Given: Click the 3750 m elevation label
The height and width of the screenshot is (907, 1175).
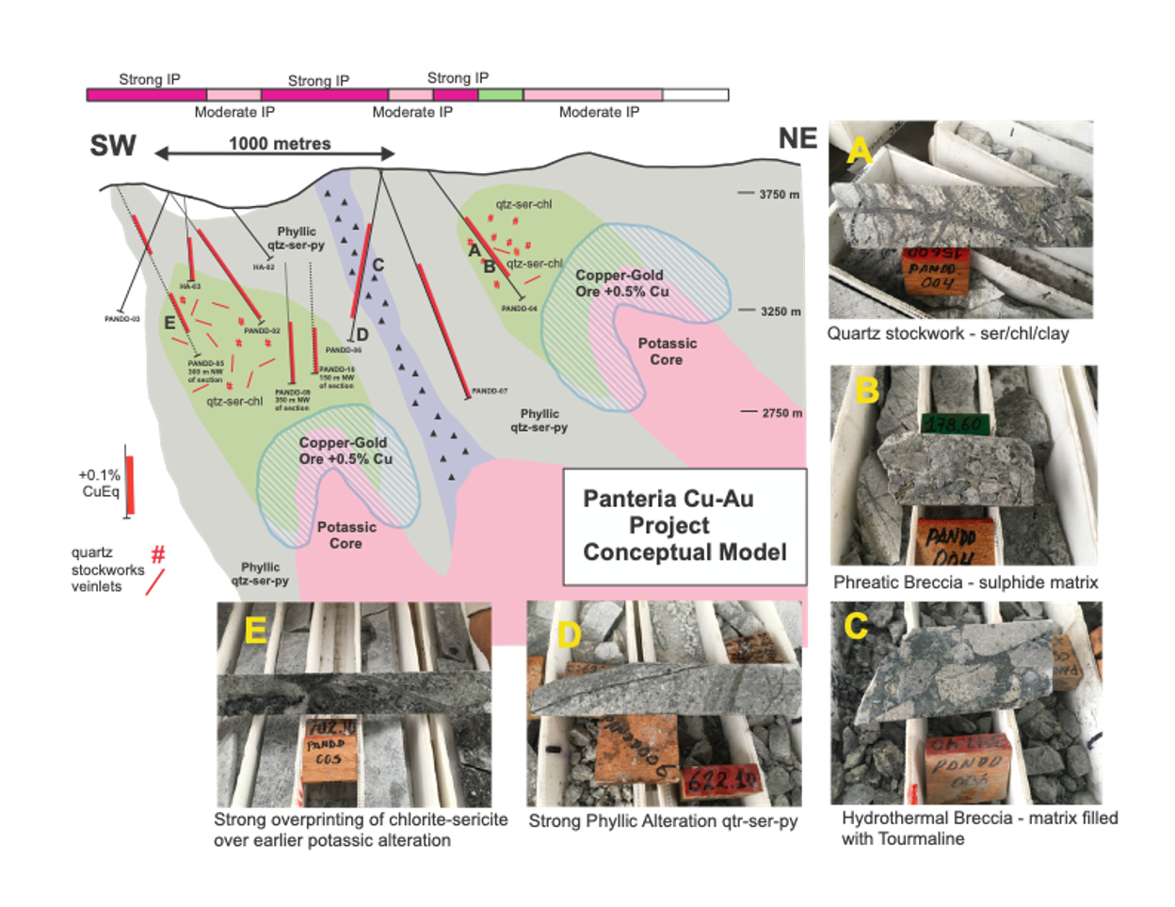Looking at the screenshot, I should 780,195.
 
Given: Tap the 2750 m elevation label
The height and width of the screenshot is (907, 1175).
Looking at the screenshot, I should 781,413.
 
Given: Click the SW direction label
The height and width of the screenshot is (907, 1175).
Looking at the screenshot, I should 113,146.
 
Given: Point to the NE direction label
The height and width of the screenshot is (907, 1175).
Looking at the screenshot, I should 797,138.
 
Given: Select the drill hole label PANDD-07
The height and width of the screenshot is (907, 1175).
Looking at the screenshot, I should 490,390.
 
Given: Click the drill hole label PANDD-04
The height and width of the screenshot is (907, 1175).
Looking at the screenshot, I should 519,309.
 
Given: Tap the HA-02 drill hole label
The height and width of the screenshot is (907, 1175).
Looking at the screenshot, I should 263,267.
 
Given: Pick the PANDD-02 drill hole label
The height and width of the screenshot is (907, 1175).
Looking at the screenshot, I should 263,331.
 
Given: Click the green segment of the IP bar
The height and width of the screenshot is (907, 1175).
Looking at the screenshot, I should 501,95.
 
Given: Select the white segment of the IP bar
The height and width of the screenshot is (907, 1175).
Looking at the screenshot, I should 696,95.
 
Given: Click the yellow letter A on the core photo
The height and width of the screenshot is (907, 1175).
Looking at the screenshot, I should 858,149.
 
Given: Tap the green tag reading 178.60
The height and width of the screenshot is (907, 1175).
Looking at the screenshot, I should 955,425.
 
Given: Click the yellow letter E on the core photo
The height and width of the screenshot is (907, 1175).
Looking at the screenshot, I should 255,631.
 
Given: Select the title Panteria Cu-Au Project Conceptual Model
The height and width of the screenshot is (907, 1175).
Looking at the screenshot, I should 684,525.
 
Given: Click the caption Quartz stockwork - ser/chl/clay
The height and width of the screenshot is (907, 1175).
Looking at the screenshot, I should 948,334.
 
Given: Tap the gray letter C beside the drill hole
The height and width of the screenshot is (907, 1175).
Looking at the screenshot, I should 378,265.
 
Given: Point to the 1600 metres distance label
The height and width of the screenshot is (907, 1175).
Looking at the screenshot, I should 280,144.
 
